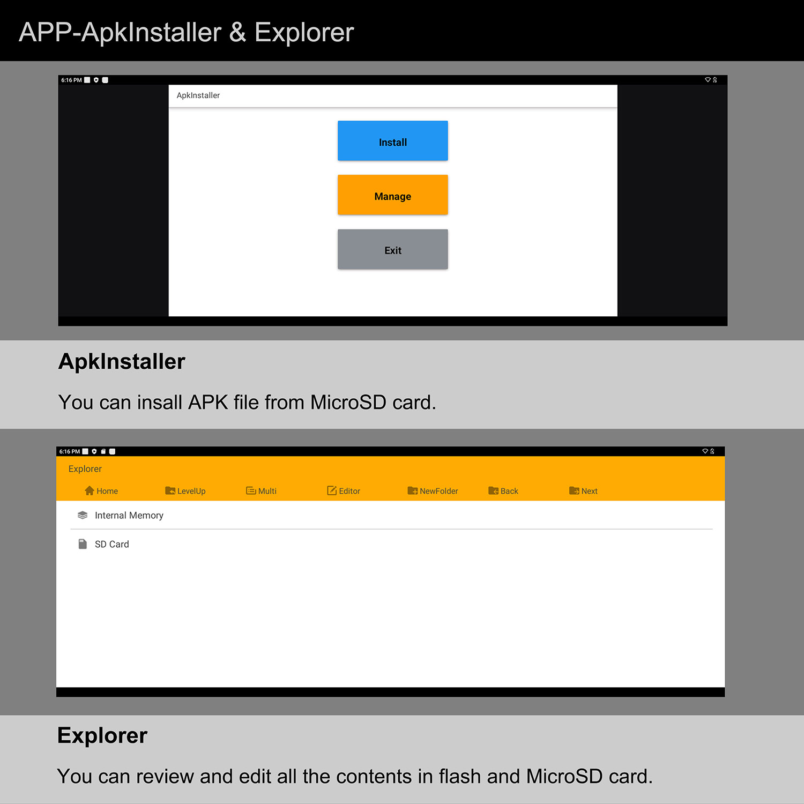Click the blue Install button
click(392, 140)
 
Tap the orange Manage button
click(392, 195)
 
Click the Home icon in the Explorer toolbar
click(90, 490)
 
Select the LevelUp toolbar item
click(185, 491)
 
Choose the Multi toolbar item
click(262, 491)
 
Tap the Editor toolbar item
click(344, 491)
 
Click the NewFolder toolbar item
click(433, 491)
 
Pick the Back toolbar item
click(503, 491)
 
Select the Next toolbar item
click(583, 491)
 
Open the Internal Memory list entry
click(129, 515)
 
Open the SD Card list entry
click(112, 544)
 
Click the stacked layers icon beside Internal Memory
click(83, 515)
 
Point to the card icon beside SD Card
click(83, 544)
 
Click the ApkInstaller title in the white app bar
click(198, 95)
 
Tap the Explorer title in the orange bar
click(85, 469)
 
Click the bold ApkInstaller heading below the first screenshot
click(122, 361)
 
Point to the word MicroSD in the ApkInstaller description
click(348, 402)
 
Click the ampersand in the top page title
click(237, 32)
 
